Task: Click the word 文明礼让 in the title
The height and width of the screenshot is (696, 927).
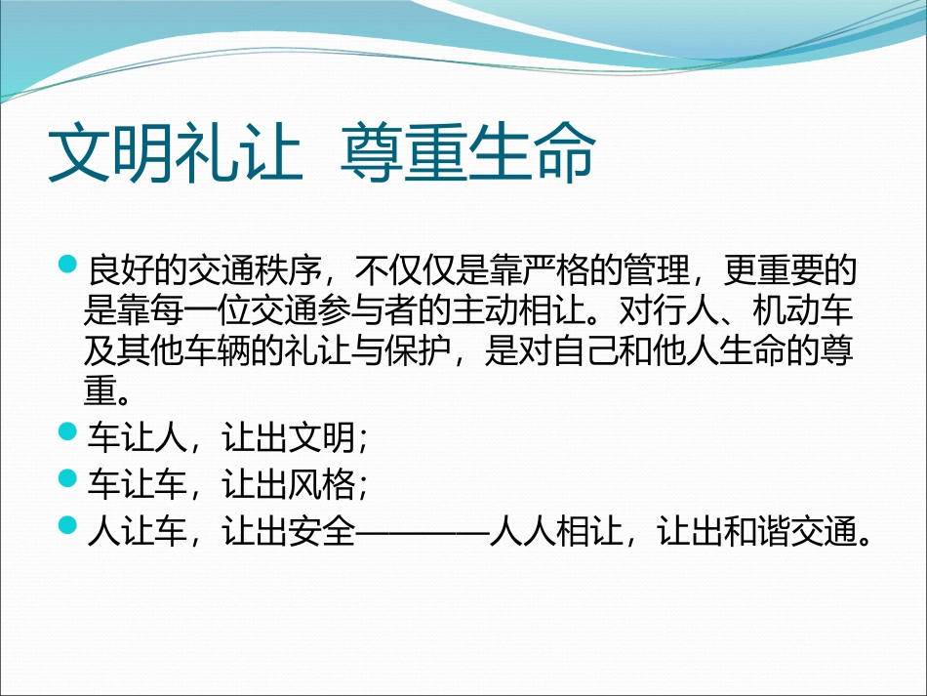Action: pos(175,153)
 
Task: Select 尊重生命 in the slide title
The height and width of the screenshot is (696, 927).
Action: pos(467,153)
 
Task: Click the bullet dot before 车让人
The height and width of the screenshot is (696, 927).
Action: pos(67,431)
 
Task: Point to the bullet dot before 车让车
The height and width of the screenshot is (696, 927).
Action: pos(67,477)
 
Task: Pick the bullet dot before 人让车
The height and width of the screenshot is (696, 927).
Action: pos(67,525)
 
